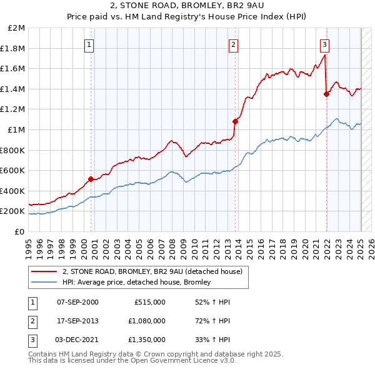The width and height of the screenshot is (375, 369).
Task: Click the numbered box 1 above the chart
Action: point(90,44)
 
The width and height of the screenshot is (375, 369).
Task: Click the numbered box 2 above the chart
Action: point(233,44)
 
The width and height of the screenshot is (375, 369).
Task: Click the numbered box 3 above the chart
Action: point(325,44)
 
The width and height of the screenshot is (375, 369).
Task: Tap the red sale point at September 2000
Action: point(91,179)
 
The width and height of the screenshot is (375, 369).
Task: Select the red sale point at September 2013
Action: point(235,121)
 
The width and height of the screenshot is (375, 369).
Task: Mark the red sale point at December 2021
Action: point(326,94)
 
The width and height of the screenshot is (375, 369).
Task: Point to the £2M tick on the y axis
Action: point(16,28)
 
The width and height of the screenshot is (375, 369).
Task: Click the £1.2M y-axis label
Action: point(13,109)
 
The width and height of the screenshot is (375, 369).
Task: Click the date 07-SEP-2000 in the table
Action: point(77,302)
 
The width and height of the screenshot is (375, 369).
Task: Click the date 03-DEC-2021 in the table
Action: point(77,340)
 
